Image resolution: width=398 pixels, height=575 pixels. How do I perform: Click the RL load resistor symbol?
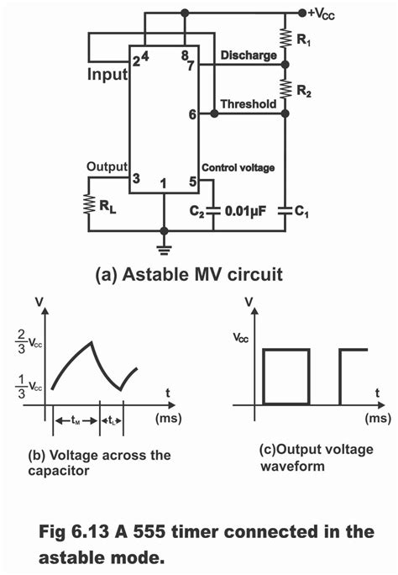(90, 203)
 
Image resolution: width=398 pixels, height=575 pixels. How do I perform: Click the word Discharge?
(249, 56)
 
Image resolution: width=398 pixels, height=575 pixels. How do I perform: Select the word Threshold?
(249, 103)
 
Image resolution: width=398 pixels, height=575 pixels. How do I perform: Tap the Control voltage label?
(238, 167)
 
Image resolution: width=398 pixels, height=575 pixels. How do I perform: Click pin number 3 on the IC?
(134, 178)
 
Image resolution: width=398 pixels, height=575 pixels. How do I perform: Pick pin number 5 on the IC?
(192, 180)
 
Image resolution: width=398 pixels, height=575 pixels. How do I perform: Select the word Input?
(107, 76)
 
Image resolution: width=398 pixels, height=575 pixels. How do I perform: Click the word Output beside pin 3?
(107, 166)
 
